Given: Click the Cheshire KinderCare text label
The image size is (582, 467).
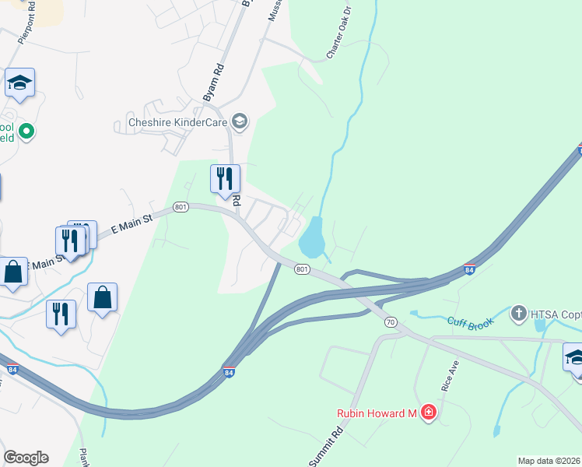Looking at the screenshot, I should pyautogui.click(x=177, y=122).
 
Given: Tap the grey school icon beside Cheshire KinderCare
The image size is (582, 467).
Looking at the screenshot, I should pyautogui.click(x=240, y=121).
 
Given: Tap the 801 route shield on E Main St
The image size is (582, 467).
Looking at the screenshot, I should pyautogui.click(x=181, y=207).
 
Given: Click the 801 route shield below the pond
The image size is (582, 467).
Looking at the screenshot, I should pyautogui.click(x=303, y=269).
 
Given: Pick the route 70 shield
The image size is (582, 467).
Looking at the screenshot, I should pyautogui.click(x=391, y=321).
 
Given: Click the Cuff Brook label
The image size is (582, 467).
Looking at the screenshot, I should pyautogui.click(x=471, y=322).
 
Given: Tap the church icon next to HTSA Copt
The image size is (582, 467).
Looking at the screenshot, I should pyautogui.click(x=519, y=314).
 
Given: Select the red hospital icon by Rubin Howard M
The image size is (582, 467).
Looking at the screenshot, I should pyautogui.click(x=428, y=413).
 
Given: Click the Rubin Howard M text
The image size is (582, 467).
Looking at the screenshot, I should pyautogui.click(x=377, y=413).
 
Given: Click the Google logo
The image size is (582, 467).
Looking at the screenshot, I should pyautogui.click(x=26, y=458).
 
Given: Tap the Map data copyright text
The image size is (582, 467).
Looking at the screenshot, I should pyautogui.click(x=549, y=461).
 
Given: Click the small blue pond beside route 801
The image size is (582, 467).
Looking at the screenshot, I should pyautogui.click(x=311, y=237).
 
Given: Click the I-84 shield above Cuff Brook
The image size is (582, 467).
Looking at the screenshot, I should pyautogui.click(x=469, y=269).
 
